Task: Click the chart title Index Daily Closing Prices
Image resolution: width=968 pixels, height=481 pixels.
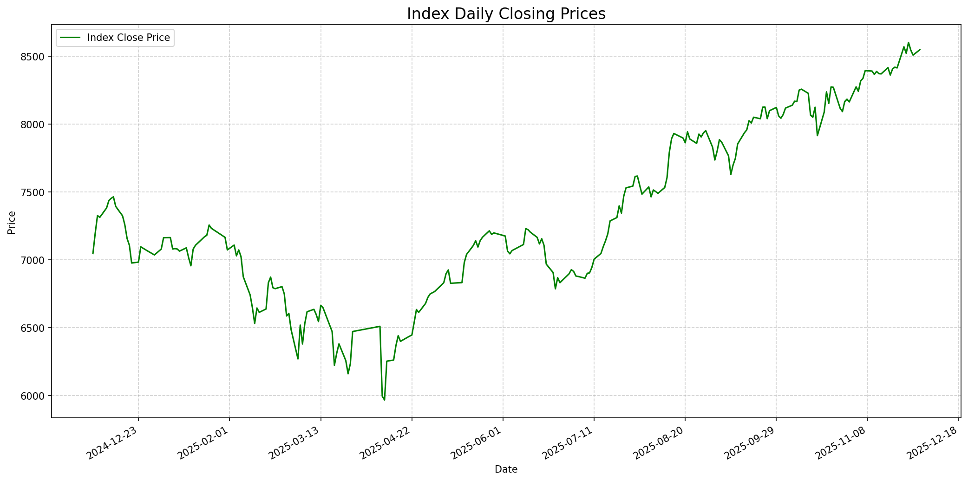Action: [x=506, y=14]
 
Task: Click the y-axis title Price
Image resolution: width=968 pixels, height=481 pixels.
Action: [x=12, y=222]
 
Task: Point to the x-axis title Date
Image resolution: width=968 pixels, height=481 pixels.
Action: [x=506, y=469]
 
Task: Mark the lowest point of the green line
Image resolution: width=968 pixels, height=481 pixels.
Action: [x=384, y=400]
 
